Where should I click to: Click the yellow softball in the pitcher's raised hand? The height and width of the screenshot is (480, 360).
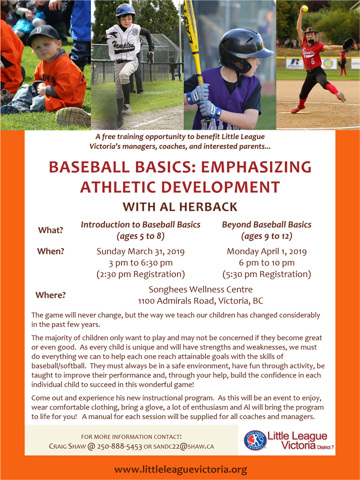coord(304,8)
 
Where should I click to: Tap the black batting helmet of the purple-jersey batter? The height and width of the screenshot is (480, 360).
coord(243,51)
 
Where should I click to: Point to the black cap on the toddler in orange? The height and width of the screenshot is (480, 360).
coord(42,34)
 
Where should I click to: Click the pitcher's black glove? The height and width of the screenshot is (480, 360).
coord(348,44)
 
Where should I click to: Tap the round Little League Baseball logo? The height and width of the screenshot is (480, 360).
coord(255,440)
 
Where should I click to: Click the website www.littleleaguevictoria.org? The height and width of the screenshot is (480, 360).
coord(181,470)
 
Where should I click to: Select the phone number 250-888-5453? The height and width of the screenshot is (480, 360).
coord(119,447)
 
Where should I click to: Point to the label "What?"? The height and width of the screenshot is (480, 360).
coord(50,230)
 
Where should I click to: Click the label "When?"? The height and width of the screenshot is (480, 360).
coord(50,251)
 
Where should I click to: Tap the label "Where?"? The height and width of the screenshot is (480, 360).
coord(50,295)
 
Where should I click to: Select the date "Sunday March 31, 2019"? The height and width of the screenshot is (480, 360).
coord(140,252)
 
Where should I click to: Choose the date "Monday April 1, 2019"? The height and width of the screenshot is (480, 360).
coord(266,252)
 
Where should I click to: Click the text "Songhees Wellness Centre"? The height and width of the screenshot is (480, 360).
coord(200,289)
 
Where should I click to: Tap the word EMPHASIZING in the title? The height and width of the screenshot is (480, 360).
coord(256,167)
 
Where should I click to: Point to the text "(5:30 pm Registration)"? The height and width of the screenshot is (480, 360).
coord(266,274)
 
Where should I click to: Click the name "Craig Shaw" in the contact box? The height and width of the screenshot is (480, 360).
coord(67,447)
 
